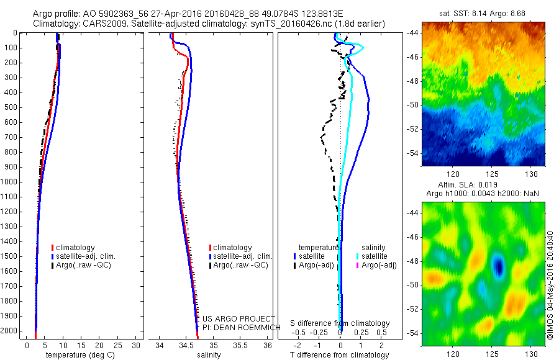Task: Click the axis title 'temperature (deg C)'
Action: (80, 355)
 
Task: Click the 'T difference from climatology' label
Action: (339, 355)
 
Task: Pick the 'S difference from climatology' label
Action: (340, 323)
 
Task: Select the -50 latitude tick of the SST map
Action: (412, 105)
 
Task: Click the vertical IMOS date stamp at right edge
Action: (550, 286)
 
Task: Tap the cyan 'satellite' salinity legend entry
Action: (373, 256)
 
